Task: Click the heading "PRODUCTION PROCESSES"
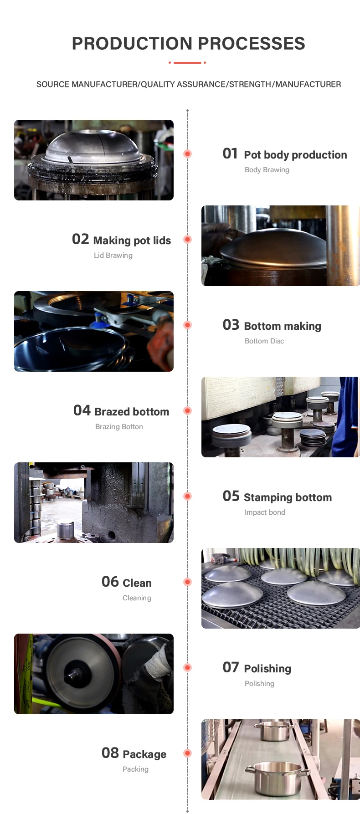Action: pyautogui.click(x=188, y=44)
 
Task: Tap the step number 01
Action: pyautogui.click(x=230, y=154)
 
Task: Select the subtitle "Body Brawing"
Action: pyautogui.click(x=267, y=170)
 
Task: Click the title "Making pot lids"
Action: pyautogui.click(x=132, y=241)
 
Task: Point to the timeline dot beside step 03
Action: pyautogui.click(x=187, y=325)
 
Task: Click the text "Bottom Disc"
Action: pyautogui.click(x=264, y=341)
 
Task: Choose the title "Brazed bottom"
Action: pyautogui.click(x=132, y=412)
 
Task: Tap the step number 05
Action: pyautogui.click(x=231, y=496)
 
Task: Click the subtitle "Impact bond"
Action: pyautogui.click(x=265, y=512)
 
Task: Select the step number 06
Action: pyautogui.click(x=110, y=582)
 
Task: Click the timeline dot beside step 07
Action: pyautogui.click(x=187, y=667)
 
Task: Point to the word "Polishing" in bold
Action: pyautogui.click(x=267, y=669)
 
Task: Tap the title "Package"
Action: pyautogui.click(x=144, y=754)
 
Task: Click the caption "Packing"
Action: pyautogui.click(x=135, y=769)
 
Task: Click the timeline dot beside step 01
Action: pyautogui.click(x=187, y=154)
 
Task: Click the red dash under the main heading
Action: pyautogui.click(x=187, y=62)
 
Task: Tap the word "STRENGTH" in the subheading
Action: pyautogui.click(x=250, y=84)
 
